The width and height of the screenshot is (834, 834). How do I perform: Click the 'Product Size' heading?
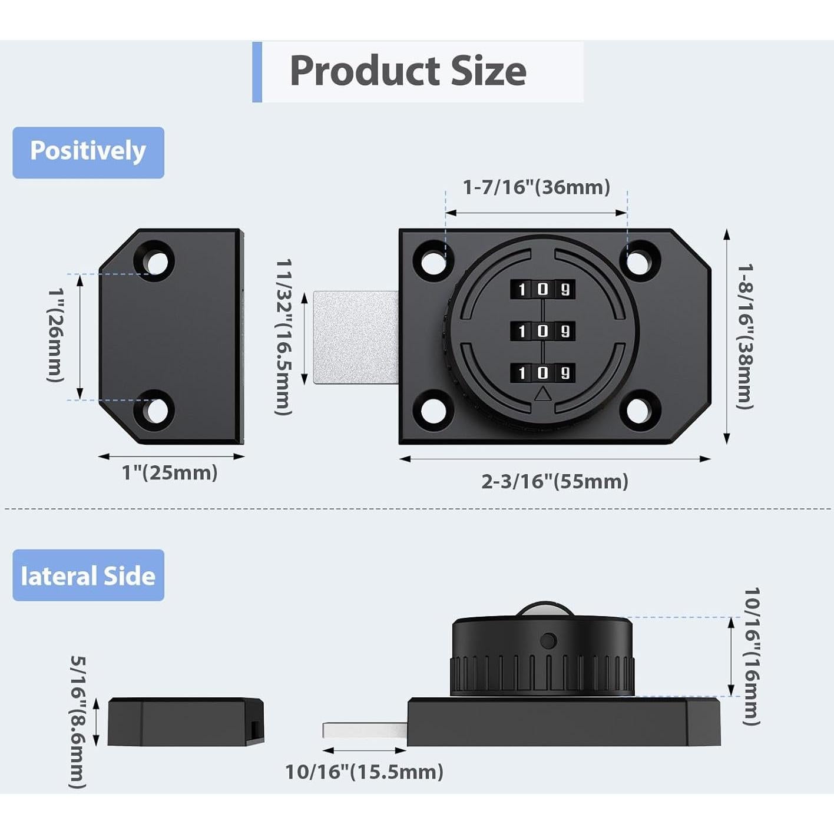408,71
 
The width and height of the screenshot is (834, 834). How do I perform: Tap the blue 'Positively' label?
88,153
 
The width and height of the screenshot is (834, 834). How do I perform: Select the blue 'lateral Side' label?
88,575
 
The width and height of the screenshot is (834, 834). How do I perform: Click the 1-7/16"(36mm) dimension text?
536,187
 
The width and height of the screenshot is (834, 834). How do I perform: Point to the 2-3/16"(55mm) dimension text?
554,481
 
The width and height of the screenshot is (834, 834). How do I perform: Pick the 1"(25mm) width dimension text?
170,472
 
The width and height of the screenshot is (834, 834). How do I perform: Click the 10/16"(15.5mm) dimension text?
364,772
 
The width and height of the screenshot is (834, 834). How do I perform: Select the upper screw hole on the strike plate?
154,262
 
